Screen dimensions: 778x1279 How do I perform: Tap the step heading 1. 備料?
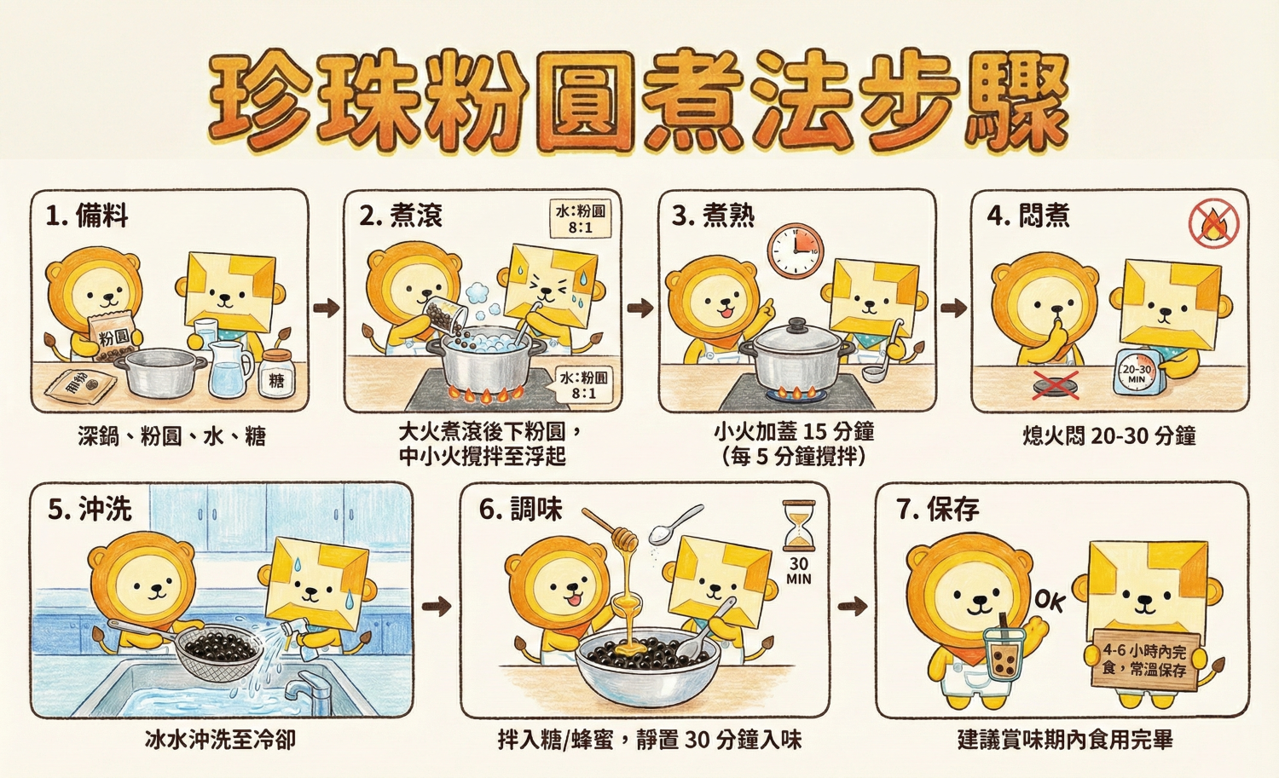87,216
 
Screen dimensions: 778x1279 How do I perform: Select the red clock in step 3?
796,251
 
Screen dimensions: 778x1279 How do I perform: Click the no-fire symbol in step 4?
1213,224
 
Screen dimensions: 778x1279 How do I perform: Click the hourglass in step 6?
799,526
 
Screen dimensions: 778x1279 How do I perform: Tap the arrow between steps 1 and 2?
326,308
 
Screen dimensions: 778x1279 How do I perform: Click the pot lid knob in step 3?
796,325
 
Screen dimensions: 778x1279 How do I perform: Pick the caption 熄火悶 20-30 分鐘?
1109,436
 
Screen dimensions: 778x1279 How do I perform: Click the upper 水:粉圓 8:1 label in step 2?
581,219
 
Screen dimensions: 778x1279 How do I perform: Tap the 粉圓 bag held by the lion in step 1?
113,337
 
